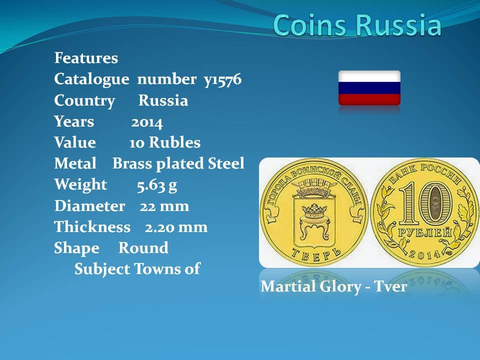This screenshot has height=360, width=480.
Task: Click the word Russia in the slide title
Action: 399,24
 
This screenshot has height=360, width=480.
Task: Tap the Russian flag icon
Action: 369,88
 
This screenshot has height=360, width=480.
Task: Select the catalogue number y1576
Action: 222,80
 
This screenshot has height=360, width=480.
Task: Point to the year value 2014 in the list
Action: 147,122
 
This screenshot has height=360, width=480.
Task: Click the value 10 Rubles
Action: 164,142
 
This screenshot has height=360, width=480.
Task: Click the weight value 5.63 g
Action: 156,185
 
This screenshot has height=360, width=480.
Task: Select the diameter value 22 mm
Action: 164,206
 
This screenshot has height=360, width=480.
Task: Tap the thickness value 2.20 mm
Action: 176,227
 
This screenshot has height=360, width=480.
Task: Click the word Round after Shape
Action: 143,247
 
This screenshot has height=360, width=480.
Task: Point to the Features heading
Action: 86,58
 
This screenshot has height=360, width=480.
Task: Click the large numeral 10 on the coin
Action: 425,203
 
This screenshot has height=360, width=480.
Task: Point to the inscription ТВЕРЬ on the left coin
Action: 315,254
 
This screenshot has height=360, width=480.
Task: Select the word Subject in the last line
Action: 102,269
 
